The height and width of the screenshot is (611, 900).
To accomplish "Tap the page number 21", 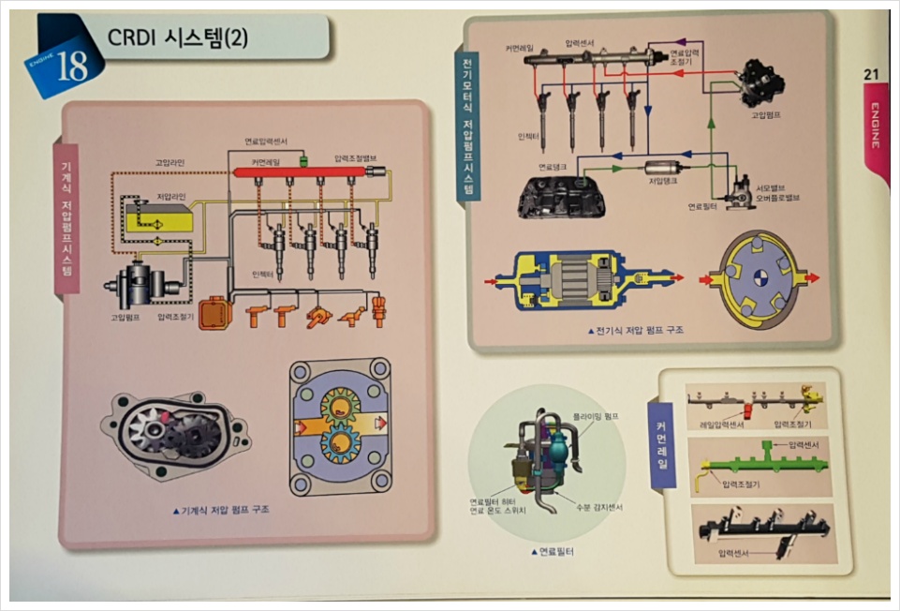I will pyautogui.click(x=870, y=74).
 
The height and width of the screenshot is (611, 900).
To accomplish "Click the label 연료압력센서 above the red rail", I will pyautogui.click(x=266, y=142).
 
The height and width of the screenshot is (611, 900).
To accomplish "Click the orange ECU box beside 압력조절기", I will pyautogui.click(x=214, y=313).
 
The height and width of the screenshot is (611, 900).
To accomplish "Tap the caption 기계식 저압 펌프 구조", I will pyautogui.click(x=221, y=510).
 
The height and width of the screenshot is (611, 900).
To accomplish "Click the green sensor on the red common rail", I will pyautogui.click(x=303, y=163).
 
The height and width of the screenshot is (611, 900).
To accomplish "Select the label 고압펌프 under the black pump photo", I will pyautogui.click(x=766, y=114).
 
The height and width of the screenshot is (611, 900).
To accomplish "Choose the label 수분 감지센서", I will pyautogui.click(x=598, y=507).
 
